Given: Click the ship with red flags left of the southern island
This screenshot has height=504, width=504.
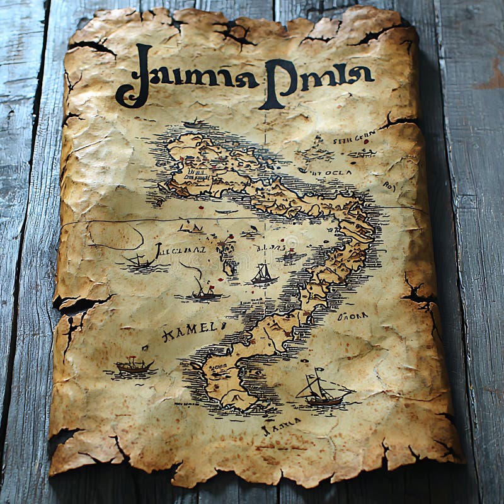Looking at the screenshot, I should (134, 365).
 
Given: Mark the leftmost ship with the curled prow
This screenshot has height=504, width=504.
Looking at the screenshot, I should (140, 260).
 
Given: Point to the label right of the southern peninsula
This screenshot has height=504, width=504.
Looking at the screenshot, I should (352, 315).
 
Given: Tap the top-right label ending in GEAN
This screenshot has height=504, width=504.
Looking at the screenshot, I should (354, 137).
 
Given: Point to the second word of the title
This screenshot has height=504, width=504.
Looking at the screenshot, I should (319, 77).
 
